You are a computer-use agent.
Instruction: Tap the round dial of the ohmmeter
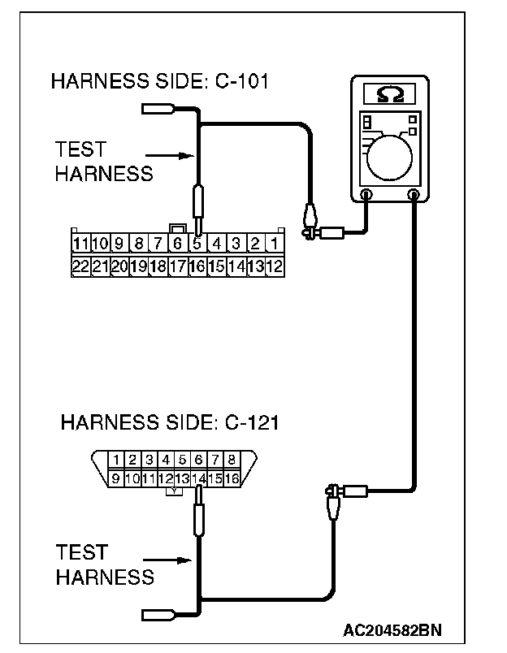[x=390, y=154]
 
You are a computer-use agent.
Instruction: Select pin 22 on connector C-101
[x=80, y=265]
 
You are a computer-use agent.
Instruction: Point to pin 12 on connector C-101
[x=275, y=265]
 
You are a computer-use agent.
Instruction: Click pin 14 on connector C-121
[x=198, y=478]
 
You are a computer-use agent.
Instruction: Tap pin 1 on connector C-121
[x=118, y=460]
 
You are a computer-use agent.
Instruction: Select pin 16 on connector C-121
[x=232, y=478]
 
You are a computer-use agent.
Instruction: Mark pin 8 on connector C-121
[x=232, y=460]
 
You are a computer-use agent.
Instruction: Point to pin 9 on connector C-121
[x=117, y=478]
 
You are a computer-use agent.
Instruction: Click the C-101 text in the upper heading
[x=241, y=82]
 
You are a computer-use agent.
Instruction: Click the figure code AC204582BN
[x=392, y=629]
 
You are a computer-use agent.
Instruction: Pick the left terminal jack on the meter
[x=366, y=195]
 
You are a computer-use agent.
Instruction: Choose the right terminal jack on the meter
[x=414, y=195]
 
